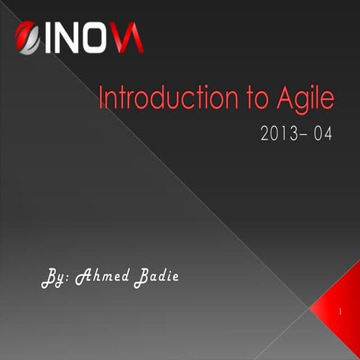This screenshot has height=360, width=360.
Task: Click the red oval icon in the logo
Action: [x=27, y=37]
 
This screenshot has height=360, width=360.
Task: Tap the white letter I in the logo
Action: [x=49, y=38]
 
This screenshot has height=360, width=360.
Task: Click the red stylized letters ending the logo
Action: [x=128, y=38]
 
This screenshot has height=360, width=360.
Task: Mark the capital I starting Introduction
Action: [x=103, y=98]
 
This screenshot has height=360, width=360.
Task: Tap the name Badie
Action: [x=156, y=277]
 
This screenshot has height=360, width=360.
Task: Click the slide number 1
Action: [x=341, y=310]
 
